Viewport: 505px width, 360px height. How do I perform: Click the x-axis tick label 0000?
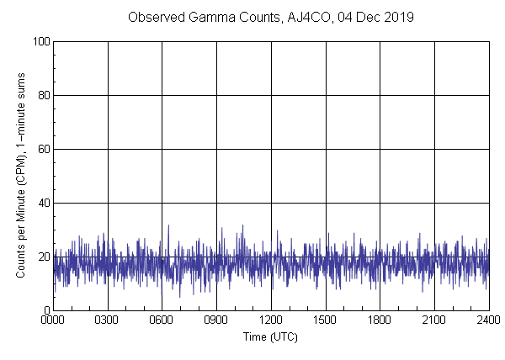point(53,320)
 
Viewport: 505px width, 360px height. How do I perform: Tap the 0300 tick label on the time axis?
point(108,320)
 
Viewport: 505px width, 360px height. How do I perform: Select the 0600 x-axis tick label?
point(162,320)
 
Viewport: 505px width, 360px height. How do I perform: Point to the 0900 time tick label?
point(216,320)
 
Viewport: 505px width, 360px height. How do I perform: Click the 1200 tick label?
point(271,320)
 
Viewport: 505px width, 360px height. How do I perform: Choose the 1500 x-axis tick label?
point(325,320)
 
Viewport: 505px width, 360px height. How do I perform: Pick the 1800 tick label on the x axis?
point(380,320)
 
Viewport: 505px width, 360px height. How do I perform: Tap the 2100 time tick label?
point(434,320)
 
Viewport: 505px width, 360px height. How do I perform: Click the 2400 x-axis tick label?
point(488,320)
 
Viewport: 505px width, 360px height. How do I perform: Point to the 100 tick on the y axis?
point(40,41)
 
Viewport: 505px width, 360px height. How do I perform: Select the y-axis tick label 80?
point(43,95)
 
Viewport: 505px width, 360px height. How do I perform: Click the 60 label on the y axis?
point(43,149)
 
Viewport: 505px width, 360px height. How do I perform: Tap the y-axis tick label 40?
point(43,203)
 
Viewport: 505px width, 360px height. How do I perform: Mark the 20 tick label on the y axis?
point(43,257)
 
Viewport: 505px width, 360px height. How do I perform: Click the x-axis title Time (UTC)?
point(270,336)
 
